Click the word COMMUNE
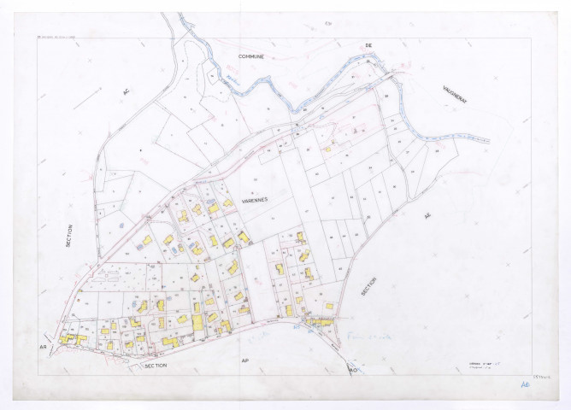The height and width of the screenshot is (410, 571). click(251, 56)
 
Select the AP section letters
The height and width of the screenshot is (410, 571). click(244, 361)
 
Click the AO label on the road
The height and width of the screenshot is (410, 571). click(352, 369)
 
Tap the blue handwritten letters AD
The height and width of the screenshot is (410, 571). click(524, 385)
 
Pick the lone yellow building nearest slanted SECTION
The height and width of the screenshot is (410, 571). click(329, 304)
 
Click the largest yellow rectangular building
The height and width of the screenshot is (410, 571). click(197, 323)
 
